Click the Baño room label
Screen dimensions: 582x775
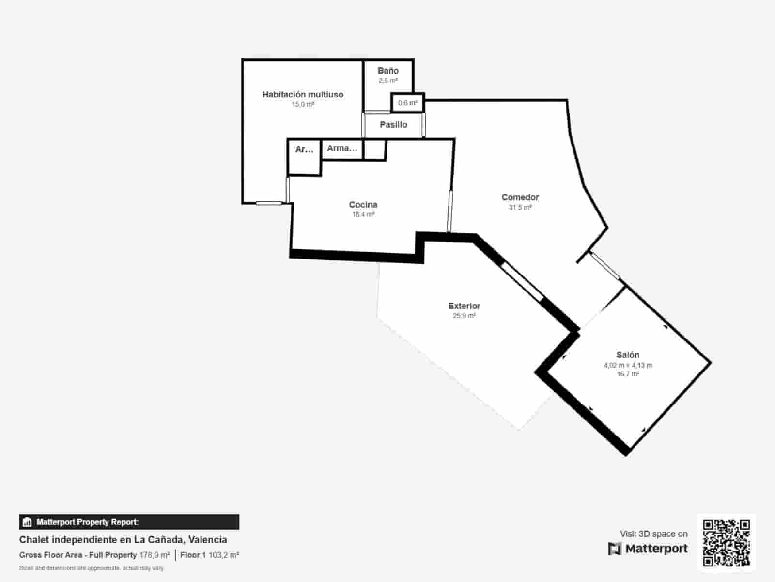388,71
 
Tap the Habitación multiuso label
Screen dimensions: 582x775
303,95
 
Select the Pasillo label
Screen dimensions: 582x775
393,125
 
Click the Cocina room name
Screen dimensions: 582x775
363,205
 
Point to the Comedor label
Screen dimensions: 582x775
520,197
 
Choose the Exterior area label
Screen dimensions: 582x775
464,306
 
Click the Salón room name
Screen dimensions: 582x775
628,355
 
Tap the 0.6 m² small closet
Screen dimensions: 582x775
407,103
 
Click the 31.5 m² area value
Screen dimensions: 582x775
520,207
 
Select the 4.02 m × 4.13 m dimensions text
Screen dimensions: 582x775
628,365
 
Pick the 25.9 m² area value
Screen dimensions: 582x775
464,316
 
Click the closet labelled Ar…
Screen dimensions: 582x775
304,149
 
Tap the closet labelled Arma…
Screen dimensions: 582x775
342,148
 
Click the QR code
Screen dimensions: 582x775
726,543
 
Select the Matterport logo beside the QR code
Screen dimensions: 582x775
648,549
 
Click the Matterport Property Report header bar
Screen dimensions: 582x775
129,522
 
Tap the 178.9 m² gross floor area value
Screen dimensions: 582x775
155,555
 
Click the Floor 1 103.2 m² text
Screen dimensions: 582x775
209,555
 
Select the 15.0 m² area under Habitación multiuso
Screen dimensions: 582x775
303,104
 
